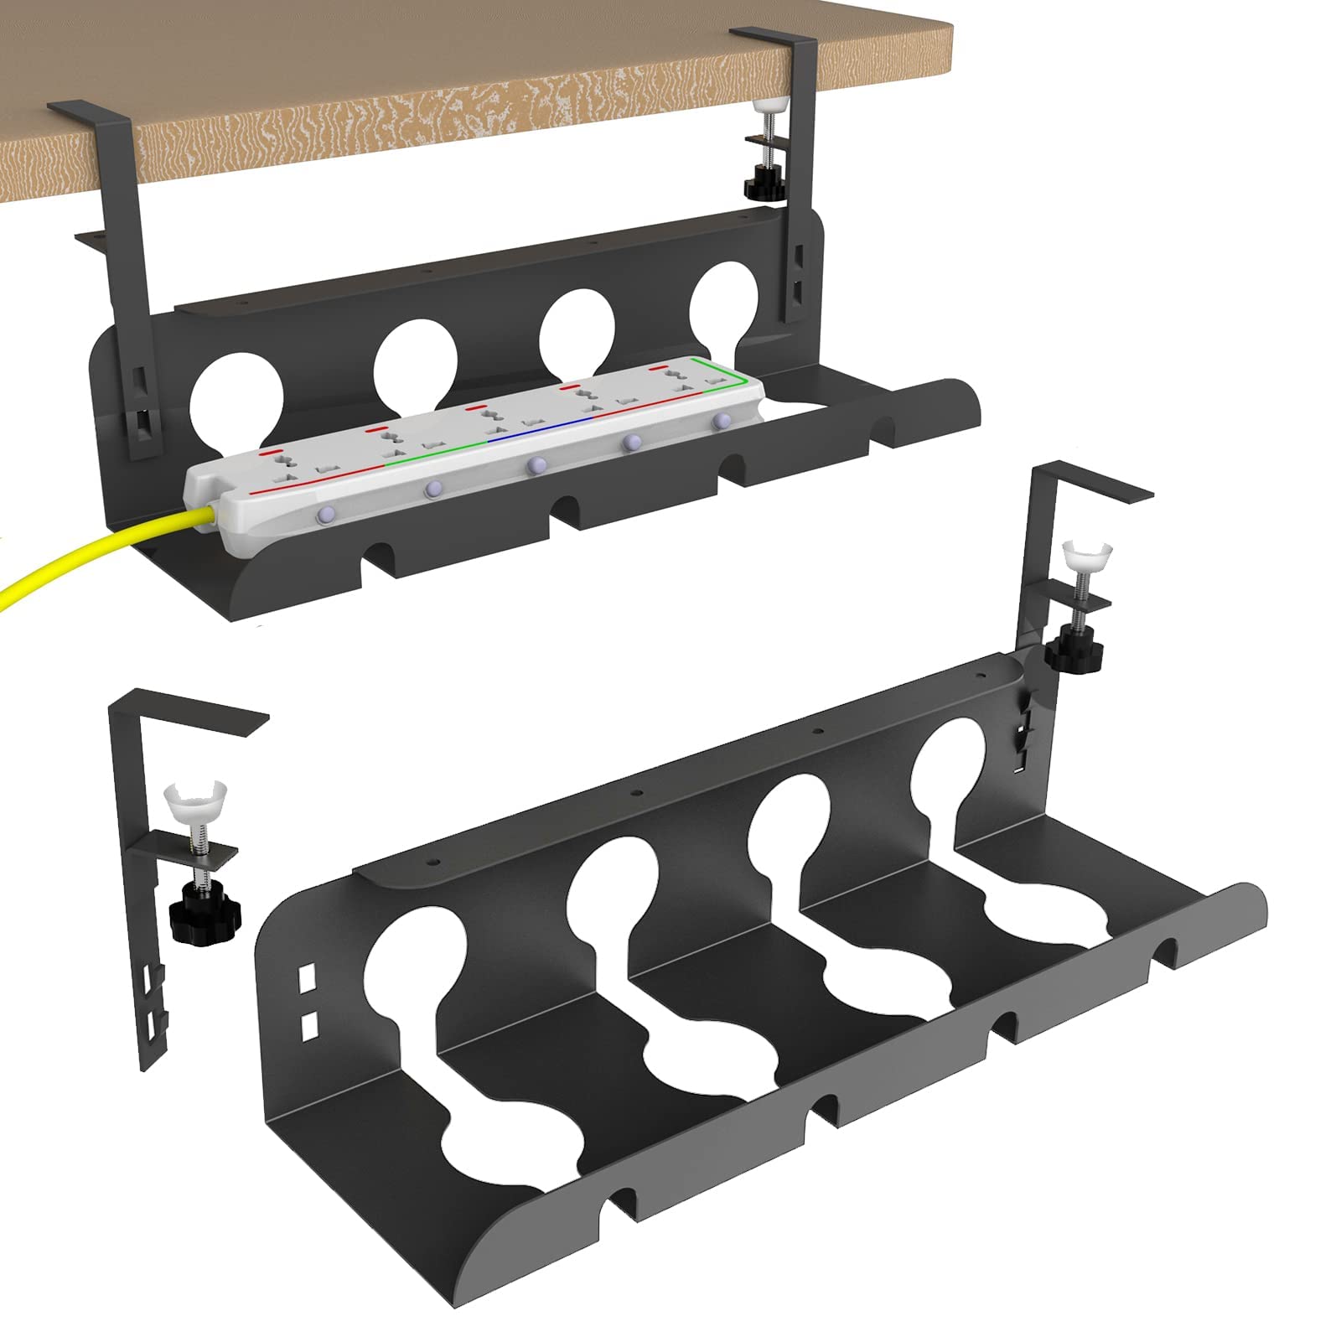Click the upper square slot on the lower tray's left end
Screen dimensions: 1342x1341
(308, 977)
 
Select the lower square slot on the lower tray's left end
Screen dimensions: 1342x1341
(308, 1023)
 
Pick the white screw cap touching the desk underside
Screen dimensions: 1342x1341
(764, 108)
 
